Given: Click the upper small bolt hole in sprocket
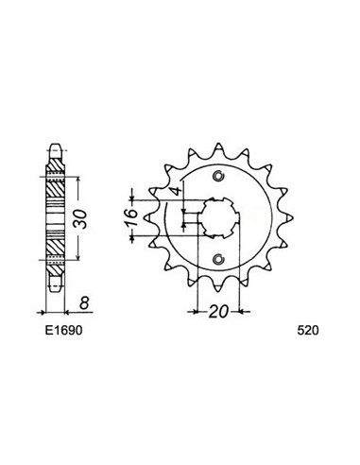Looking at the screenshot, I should tap(219, 175).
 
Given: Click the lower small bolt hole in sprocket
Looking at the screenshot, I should tap(219, 260).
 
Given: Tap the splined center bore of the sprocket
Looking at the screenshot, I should tap(218, 217).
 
